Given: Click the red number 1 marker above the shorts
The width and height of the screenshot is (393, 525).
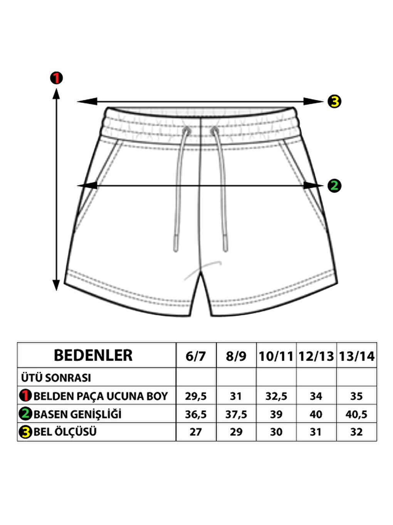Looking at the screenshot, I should pyautogui.click(x=56, y=78).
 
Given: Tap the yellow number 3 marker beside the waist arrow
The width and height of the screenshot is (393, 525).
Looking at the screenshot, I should pyautogui.click(x=334, y=102).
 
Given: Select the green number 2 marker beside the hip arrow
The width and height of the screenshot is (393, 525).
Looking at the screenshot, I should pyautogui.click(x=334, y=186).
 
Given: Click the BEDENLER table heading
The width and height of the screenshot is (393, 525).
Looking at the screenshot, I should pyautogui.click(x=93, y=356).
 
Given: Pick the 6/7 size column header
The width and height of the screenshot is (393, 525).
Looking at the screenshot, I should pyautogui.click(x=196, y=356).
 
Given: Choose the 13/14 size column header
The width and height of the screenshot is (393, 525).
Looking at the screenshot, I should pyautogui.click(x=356, y=356).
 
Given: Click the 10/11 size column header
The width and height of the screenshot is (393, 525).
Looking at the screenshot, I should pyautogui.click(x=276, y=356).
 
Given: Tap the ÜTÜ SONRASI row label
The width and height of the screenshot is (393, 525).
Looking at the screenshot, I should pyautogui.click(x=56, y=378).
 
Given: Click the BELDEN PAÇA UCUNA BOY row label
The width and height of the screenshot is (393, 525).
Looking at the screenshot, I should pyautogui.click(x=101, y=396).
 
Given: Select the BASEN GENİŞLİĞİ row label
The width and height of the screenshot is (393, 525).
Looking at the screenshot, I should pyautogui.click(x=77, y=414).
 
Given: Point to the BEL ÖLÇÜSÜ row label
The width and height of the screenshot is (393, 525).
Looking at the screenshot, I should pyautogui.click(x=65, y=432).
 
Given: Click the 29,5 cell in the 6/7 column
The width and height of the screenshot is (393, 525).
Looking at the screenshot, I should pyautogui.click(x=196, y=396).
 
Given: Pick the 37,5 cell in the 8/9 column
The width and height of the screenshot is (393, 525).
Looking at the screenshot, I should pyautogui.click(x=236, y=414).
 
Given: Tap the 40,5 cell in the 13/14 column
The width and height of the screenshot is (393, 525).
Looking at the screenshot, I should pyautogui.click(x=356, y=414).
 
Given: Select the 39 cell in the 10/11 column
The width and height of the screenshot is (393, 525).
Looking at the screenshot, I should pyautogui.click(x=276, y=414).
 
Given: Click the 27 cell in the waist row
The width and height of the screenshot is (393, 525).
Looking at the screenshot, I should pyautogui.click(x=196, y=432).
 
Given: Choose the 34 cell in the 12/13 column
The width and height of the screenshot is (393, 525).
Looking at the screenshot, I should pyautogui.click(x=316, y=396).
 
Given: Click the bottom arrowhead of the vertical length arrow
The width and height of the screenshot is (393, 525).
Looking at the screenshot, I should pyautogui.click(x=56, y=286).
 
